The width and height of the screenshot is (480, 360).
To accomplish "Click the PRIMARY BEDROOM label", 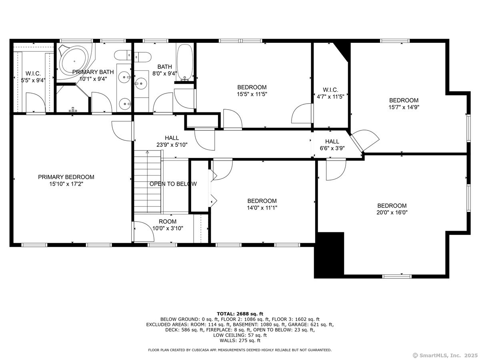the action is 66,177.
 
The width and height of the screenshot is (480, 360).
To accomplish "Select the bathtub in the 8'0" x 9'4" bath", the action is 185,62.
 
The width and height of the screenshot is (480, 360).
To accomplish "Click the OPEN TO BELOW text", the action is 173,184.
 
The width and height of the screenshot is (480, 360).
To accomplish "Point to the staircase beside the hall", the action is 148,181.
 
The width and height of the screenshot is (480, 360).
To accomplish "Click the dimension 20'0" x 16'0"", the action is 392,212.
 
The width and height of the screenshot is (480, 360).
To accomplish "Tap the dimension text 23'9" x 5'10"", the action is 172,145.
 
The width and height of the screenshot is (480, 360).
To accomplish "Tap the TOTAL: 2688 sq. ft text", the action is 240,314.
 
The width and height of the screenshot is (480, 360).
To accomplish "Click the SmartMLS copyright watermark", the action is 445,355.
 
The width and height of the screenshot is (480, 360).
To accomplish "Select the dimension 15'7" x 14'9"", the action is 404,107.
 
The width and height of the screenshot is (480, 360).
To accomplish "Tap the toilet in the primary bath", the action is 123,56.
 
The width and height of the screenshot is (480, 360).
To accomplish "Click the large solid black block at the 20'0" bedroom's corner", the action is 329,255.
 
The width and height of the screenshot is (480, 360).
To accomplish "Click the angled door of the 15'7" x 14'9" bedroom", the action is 365,140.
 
